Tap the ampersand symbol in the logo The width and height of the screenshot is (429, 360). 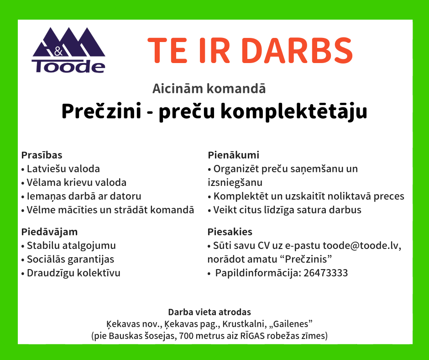coord(58,51)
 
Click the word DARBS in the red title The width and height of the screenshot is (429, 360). coord(297,51)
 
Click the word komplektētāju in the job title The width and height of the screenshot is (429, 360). coord(293,111)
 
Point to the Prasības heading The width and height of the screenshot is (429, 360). coord(42,155)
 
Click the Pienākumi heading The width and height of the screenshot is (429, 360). coord(233,155)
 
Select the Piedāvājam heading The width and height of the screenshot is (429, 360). coord(50,232)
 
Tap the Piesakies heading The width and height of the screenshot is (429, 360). coord(230,232)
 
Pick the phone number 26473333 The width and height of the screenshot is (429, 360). coord(325,273)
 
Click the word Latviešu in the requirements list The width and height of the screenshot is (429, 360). coord(45,169)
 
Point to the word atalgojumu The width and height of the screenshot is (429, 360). coord(89,246)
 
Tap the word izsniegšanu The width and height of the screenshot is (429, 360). coord(235,183)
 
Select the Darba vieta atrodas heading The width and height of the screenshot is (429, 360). coord(209,312)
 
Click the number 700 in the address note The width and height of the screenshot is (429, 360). coord(185,336)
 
